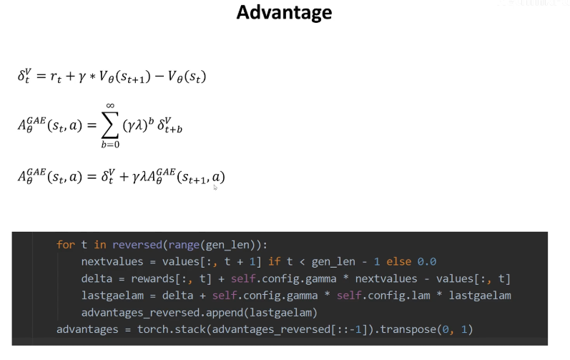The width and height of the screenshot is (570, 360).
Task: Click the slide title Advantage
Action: [x=284, y=12]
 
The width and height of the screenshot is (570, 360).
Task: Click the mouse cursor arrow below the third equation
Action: [x=215, y=187]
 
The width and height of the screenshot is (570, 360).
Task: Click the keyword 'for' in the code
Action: [x=66, y=245]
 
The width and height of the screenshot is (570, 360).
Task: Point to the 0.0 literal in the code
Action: [x=428, y=261]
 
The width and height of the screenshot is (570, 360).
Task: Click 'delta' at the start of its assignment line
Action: [x=97, y=278]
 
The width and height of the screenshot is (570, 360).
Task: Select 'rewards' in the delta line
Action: [x=149, y=278]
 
